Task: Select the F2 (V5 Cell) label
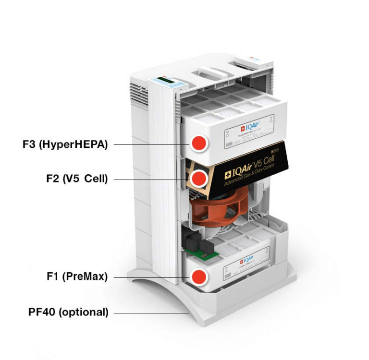pos(77,179)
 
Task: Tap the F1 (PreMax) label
pos(77,277)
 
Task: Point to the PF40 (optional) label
pos(68,312)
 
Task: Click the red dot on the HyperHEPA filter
pos(199,143)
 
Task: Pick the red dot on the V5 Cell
pos(199,179)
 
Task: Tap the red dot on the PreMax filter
pos(199,277)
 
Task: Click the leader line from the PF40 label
pos(149,313)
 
